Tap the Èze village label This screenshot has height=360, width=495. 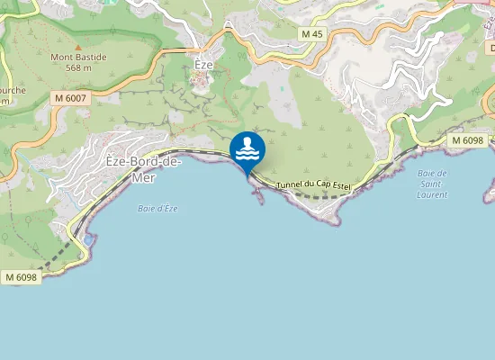point(203,65)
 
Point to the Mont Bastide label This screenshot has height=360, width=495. point(78,58)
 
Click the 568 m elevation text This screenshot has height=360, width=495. point(78,67)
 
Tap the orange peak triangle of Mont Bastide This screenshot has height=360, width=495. point(78,46)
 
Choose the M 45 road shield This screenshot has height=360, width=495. point(311,34)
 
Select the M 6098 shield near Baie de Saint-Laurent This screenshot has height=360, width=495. point(467,140)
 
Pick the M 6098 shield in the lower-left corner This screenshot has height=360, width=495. point(21,277)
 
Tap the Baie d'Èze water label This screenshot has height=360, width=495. point(157,209)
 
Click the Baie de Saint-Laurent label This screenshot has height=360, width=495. point(432,183)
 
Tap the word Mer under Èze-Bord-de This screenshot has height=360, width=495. point(144,178)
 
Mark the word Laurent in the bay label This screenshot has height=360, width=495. point(432,194)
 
